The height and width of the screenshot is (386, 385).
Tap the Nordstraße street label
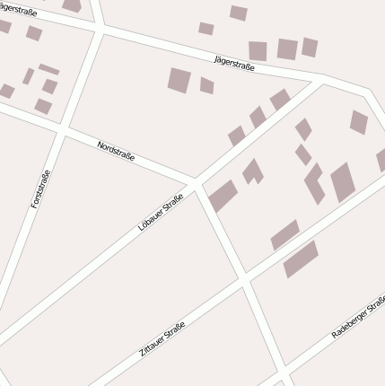coord(116,150)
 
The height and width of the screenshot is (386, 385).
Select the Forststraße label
coord(40,189)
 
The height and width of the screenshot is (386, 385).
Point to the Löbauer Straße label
coord(161,213)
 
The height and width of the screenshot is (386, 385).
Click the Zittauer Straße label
coord(162,339)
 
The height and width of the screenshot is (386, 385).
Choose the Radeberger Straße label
coord(358,316)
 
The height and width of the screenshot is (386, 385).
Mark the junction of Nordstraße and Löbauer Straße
coord(196,183)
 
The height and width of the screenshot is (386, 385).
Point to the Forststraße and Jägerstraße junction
coord(100,31)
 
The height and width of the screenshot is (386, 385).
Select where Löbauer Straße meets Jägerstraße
coord(321,82)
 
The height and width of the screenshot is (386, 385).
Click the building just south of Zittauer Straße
coord(301,259)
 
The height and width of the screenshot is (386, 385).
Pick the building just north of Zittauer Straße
coord(284,234)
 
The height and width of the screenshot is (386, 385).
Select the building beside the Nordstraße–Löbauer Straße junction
coord(222,196)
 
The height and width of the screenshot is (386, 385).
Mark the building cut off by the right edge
coord(381,160)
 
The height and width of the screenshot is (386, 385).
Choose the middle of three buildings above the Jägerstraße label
coord(286,49)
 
